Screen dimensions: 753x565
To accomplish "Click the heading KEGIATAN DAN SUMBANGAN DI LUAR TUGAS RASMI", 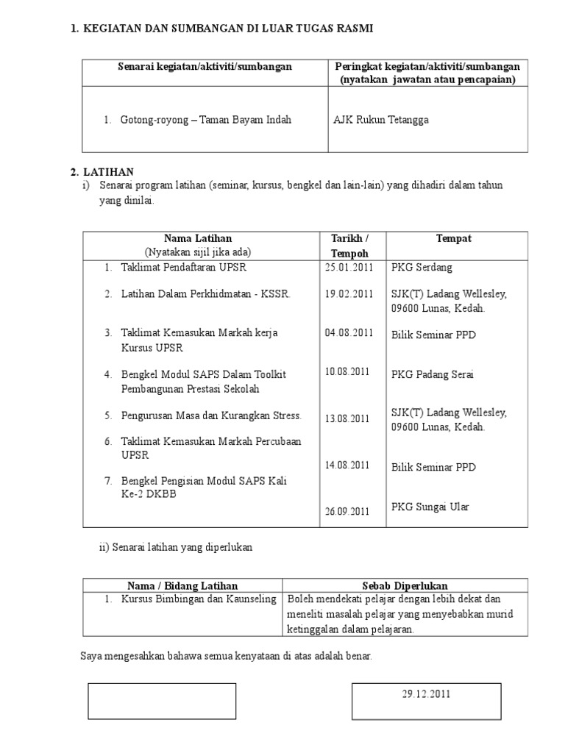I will [227, 28].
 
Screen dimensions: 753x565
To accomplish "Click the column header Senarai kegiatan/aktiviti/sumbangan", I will [205, 67].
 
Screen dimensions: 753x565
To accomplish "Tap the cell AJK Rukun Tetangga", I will [381, 120].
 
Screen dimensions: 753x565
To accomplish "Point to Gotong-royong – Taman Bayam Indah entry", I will [206, 120].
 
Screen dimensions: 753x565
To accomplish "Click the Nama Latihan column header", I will [198, 239].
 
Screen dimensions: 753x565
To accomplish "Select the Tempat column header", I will [454, 239].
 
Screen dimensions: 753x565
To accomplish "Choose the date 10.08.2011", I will [347, 372].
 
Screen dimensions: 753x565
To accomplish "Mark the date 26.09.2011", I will [347, 512].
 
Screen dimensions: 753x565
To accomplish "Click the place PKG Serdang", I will [422, 267].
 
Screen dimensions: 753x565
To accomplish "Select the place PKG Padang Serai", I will [433, 374].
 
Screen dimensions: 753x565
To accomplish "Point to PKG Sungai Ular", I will [430, 507].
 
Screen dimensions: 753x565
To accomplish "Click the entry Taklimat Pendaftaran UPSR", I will [184, 267].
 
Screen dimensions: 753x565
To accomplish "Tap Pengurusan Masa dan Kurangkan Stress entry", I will [212, 415].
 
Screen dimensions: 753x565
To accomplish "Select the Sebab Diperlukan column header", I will [405, 586].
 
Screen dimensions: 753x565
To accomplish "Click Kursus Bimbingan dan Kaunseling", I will [199, 599].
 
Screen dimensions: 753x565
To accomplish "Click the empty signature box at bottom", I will [162, 701].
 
